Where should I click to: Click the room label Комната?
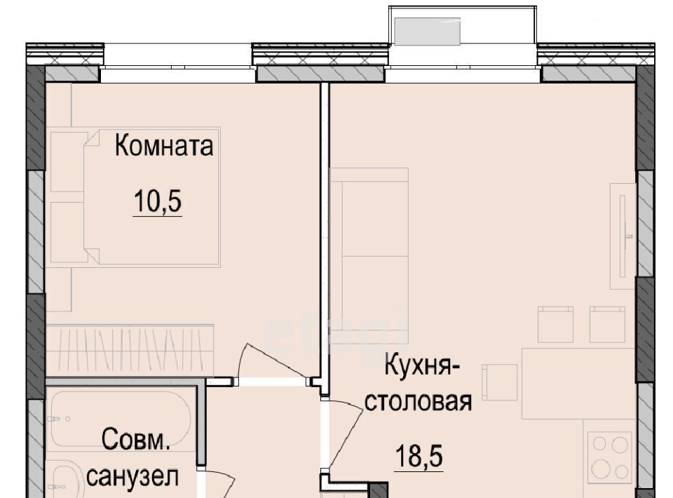[164, 145]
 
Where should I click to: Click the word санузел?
[132, 476]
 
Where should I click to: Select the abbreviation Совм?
[135, 440]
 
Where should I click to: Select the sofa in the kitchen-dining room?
[369, 256]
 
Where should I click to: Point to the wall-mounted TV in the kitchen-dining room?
[623, 236]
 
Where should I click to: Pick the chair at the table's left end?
[500, 382]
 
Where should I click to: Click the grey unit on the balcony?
[427, 32]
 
